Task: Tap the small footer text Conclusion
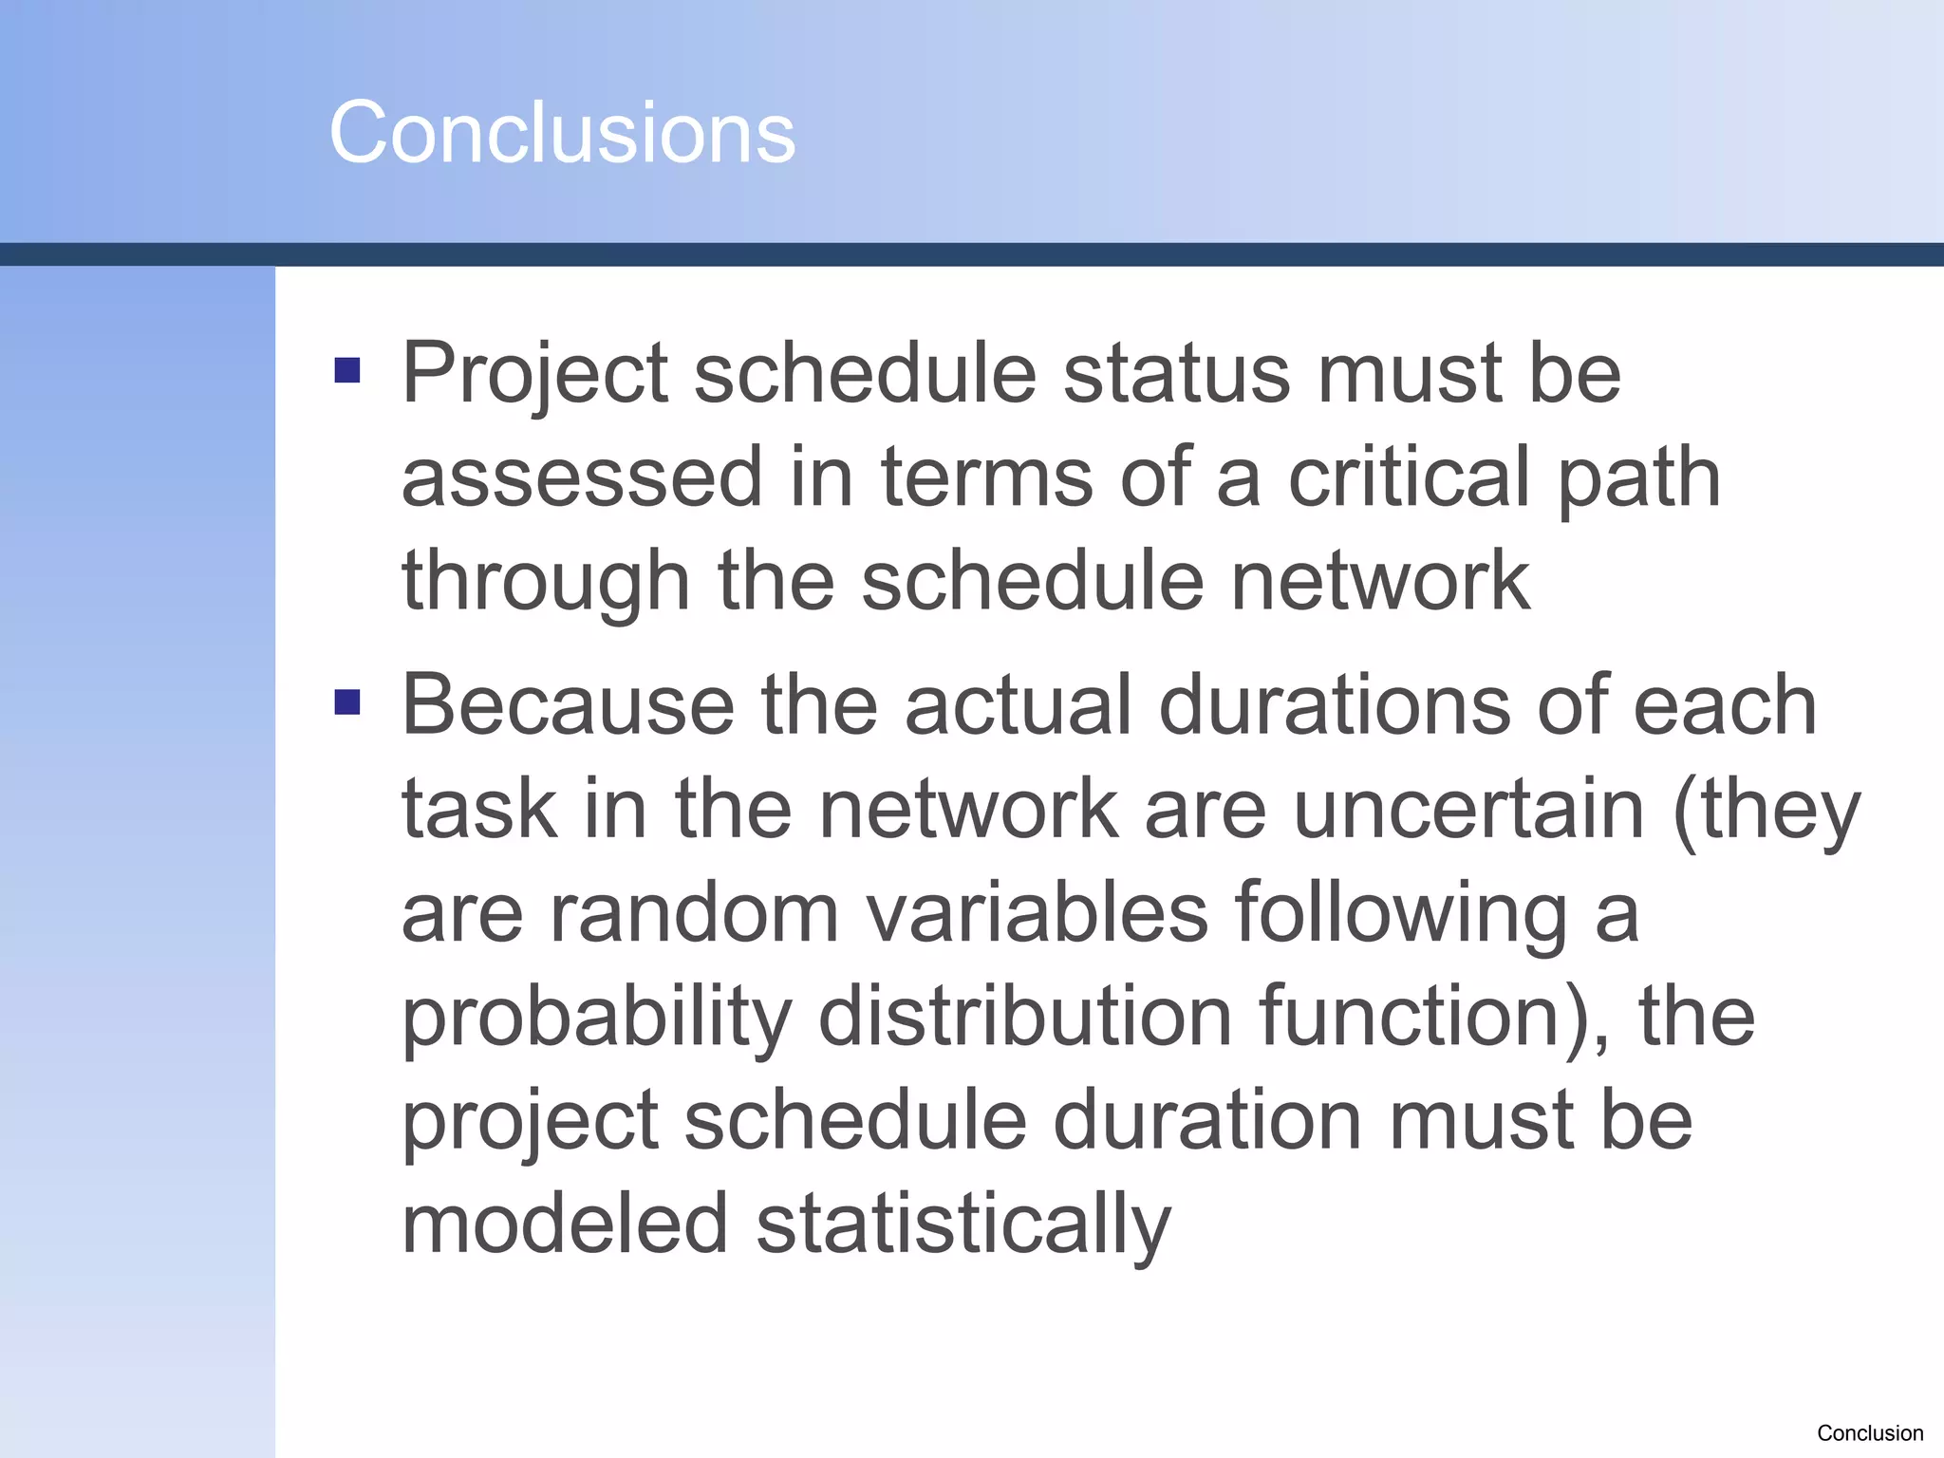[x=1870, y=1433]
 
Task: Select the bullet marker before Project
[x=347, y=370]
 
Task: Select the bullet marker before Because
[x=347, y=702]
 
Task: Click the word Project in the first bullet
[x=534, y=375]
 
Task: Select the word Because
[x=568, y=705]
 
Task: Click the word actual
[x=1019, y=705]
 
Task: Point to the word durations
[x=1335, y=705]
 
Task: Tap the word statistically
[x=963, y=1225]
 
